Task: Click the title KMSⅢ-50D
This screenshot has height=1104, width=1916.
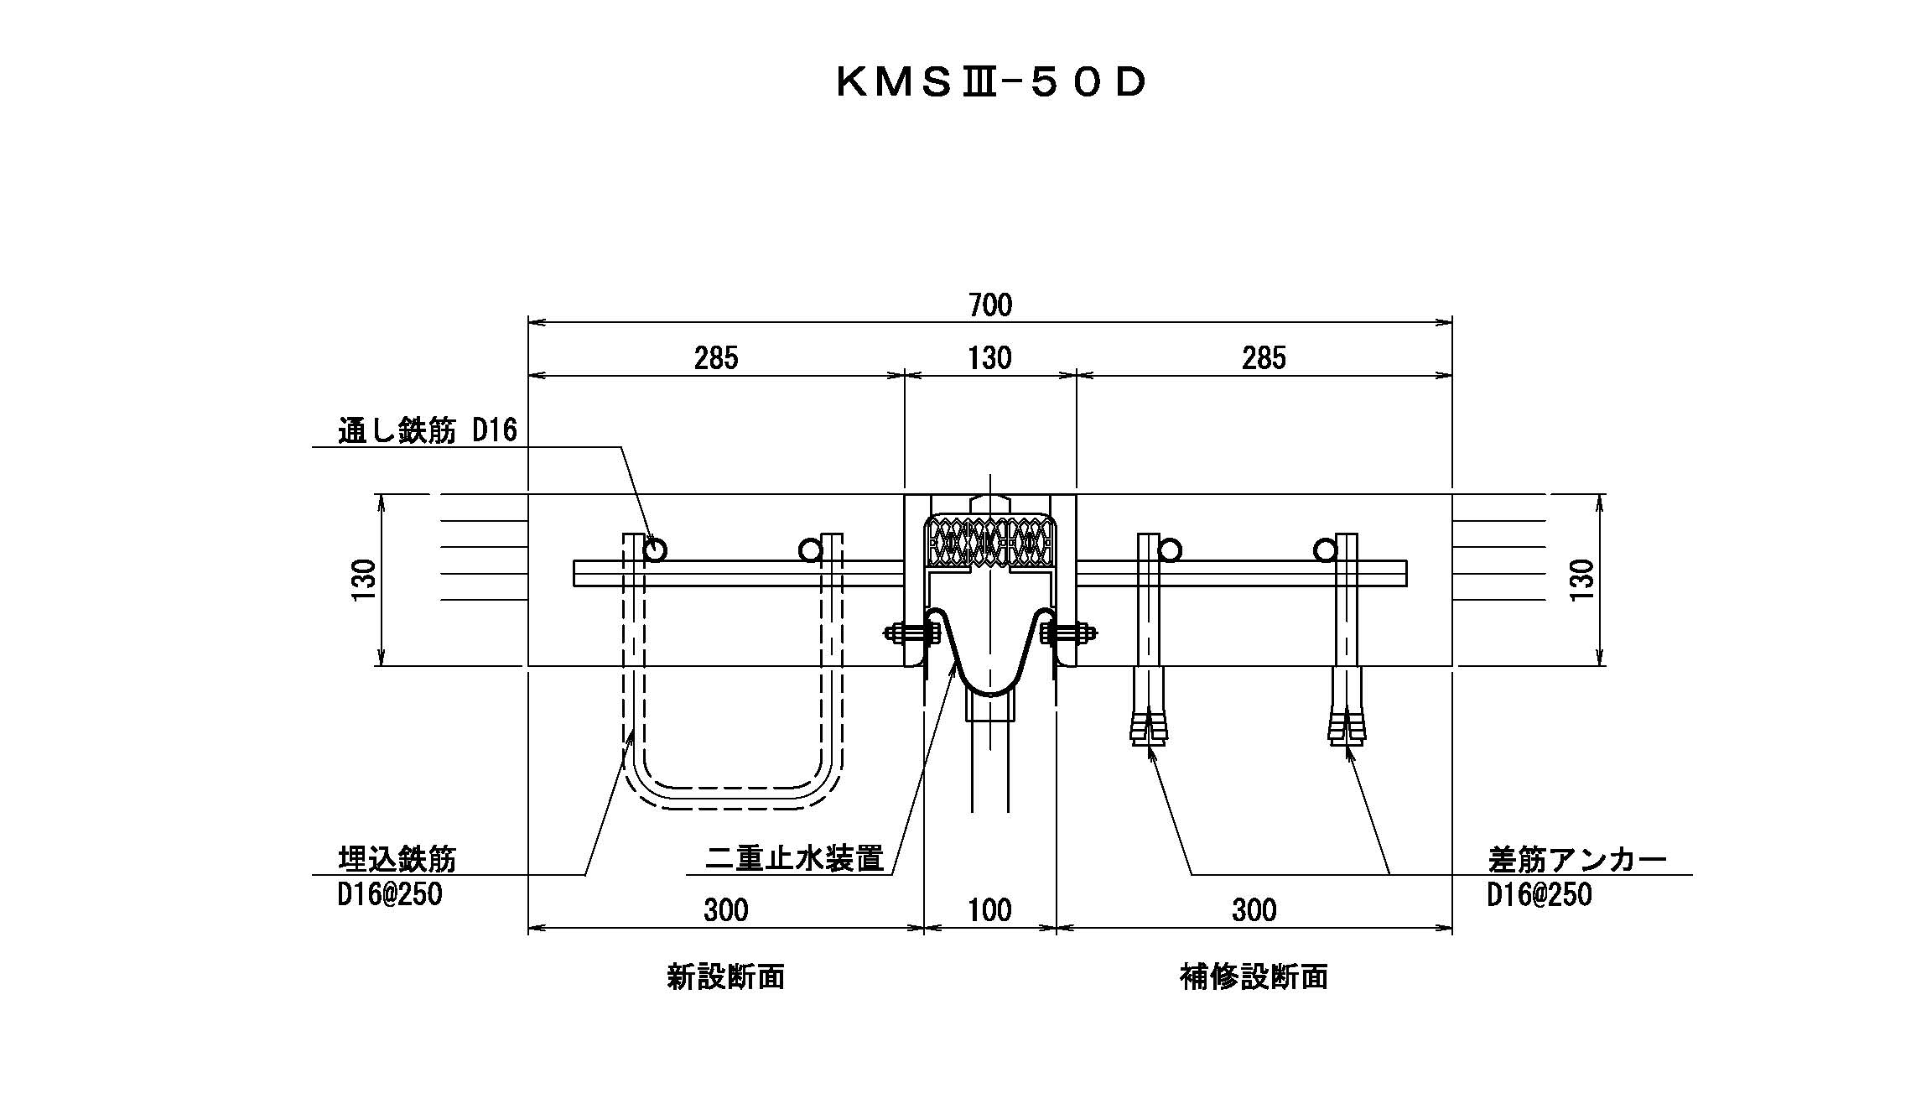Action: click(990, 83)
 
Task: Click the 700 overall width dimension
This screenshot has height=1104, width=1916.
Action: click(990, 305)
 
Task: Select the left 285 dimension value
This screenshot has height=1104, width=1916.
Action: click(716, 358)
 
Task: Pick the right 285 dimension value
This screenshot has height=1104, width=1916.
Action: click(1264, 358)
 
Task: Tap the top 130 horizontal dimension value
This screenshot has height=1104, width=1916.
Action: click(990, 358)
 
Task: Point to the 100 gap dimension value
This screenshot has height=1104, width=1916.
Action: click(990, 909)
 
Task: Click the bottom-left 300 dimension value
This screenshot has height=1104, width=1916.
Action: click(725, 909)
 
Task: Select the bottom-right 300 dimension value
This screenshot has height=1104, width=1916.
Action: click(1254, 909)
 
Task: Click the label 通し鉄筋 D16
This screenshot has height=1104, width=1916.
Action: click(428, 431)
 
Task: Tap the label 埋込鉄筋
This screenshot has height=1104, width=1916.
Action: click(397, 860)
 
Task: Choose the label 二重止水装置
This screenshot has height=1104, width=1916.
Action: click(795, 860)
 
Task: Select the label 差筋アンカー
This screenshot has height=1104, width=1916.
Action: click(1577, 860)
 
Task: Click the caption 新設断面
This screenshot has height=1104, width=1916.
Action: click(725, 977)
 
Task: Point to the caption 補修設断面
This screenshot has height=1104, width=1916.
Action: click(1254, 977)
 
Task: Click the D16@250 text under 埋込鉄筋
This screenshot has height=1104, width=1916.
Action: click(390, 895)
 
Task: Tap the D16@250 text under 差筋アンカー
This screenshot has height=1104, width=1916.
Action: click(1540, 895)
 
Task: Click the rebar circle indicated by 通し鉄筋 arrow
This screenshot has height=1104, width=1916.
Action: click(656, 549)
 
